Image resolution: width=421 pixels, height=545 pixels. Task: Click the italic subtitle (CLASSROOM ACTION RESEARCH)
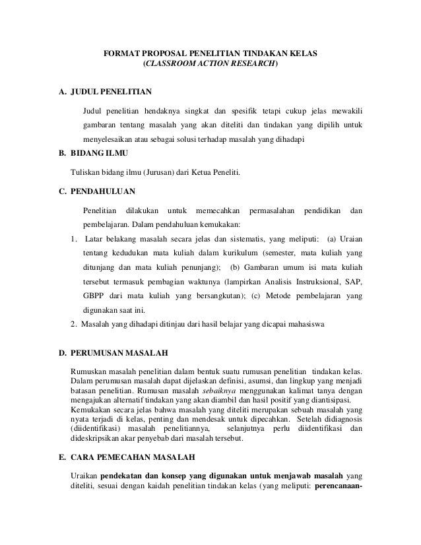coord(210,65)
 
